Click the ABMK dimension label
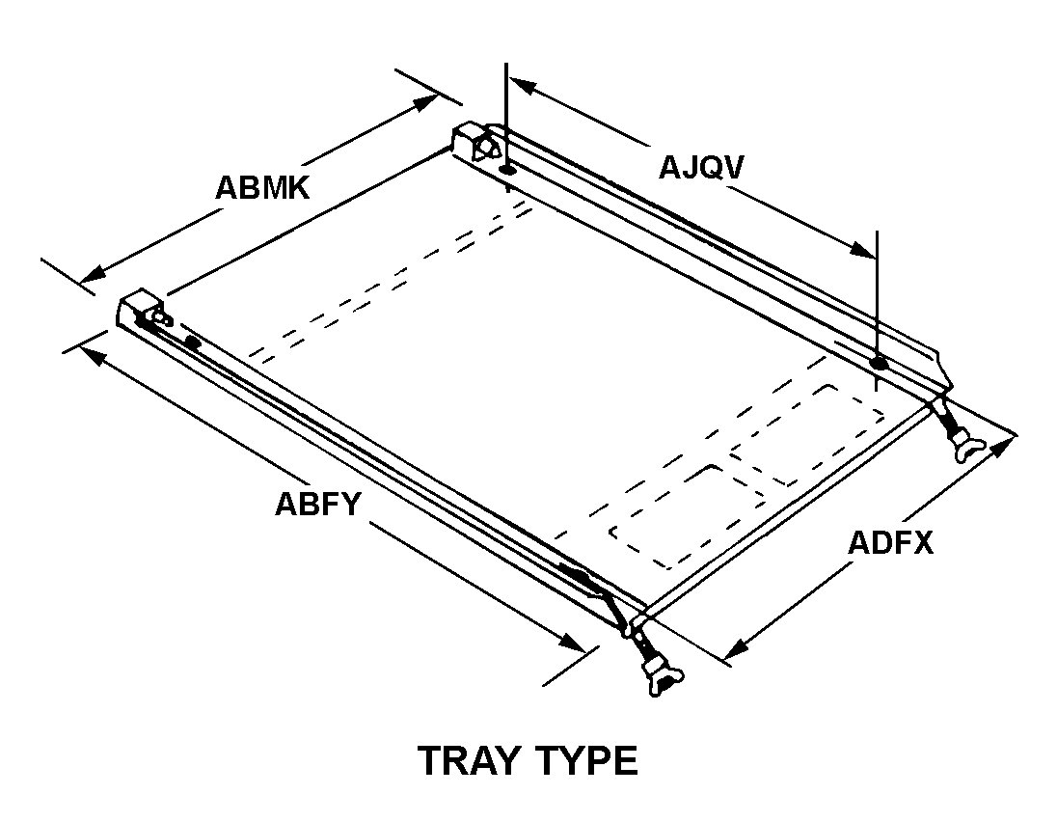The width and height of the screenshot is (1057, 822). point(262,186)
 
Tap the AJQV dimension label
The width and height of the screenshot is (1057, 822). point(701,167)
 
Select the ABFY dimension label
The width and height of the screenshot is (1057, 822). point(317,504)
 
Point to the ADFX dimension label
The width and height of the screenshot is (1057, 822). point(890,542)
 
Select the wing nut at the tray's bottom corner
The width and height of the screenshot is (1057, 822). point(660,676)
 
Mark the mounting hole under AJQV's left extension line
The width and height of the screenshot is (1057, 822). point(507,170)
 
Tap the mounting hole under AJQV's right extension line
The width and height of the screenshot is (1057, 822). point(878,364)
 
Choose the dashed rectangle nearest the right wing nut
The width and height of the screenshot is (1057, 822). point(808,434)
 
